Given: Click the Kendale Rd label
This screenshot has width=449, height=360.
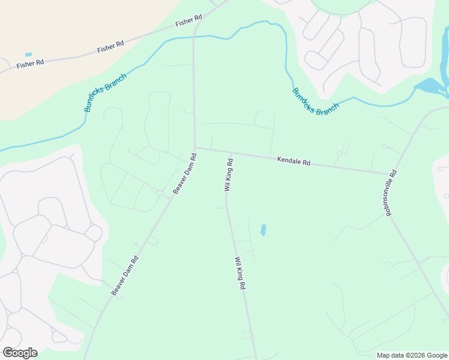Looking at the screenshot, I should point(294,162).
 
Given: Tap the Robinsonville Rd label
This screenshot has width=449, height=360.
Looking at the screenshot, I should point(391,191).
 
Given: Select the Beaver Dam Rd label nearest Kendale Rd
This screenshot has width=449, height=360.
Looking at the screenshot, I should point(185,173).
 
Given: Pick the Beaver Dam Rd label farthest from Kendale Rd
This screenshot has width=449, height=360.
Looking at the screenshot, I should point(125,275).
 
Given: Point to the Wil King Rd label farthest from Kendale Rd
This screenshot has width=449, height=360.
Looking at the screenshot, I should point(240,274).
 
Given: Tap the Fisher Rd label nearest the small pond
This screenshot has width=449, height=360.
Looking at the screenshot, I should point(31,63).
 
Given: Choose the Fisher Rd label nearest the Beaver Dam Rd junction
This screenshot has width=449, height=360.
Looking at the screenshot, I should point(189,22).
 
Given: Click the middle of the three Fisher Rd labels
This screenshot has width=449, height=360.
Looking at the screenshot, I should point(110,46).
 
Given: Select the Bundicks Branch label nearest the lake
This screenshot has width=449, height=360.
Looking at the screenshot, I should point(315,102).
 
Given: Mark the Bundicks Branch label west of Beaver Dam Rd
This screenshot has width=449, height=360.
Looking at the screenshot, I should point(105,96).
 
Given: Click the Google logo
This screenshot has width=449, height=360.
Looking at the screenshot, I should point(20,353).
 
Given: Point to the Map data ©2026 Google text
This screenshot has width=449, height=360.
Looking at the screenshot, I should point(412,355).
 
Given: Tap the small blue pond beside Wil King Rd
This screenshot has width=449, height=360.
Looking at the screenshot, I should point(263,230).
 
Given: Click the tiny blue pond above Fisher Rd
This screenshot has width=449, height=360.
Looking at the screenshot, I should point(28,55).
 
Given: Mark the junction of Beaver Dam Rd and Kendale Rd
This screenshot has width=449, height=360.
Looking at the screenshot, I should point(195,148).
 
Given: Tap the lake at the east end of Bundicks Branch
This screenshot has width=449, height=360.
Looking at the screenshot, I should point(430,87).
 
